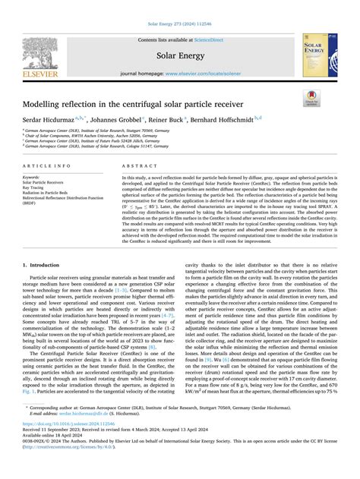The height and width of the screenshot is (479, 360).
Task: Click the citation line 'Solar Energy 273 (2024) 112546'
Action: pyautogui.click(x=179, y=7)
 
